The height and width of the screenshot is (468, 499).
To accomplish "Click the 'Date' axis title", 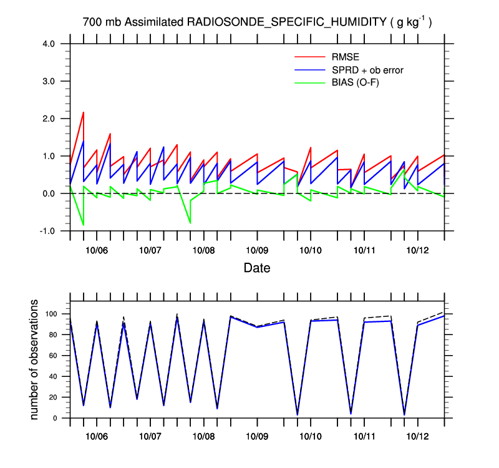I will click(257, 268).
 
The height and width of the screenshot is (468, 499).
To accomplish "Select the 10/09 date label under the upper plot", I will click(257, 250).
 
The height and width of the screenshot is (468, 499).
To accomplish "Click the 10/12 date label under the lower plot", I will click(417, 437).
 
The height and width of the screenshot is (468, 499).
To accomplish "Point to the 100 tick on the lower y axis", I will click(53, 314).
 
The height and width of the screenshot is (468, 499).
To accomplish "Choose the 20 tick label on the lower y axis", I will click(55, 397).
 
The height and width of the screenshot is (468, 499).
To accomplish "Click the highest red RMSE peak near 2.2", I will click(84, 112).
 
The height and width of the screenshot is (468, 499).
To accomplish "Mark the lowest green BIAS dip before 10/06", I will click(84, 225).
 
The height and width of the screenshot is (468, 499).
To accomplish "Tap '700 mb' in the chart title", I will click(102, 22).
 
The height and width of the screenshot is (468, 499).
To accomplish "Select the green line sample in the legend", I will click(310, 82).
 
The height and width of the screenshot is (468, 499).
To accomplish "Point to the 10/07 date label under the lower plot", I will click(150, 437).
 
